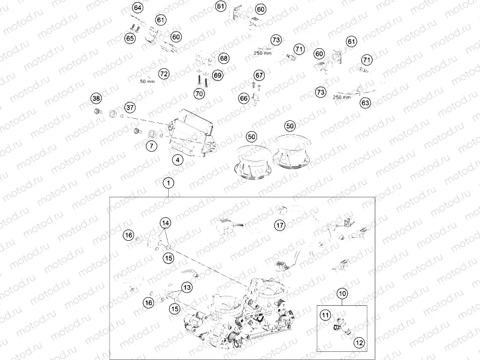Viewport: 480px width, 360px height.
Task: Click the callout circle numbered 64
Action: click(x=137, y=8)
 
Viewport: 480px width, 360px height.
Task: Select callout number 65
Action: click(x=130, y=38)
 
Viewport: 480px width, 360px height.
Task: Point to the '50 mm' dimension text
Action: click(x=147, y=81)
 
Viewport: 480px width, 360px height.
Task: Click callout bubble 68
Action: click(x=223, y=58)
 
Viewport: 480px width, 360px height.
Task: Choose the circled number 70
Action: click(x=199, y=93)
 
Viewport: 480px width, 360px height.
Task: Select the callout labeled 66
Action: click(x=244, y=98)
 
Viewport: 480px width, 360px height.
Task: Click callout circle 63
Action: click(x=366, y=102)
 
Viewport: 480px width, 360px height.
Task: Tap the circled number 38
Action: click(x=96, y=98)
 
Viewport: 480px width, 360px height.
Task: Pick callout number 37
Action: click(x=130, y=107)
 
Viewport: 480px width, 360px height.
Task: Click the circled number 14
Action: click(x=164, y=223)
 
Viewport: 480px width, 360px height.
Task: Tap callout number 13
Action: click(x=187, y=287)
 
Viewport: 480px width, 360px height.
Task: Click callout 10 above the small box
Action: click(x=342, y=293)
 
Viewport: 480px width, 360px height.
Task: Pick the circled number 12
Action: click(x=359, y=343)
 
